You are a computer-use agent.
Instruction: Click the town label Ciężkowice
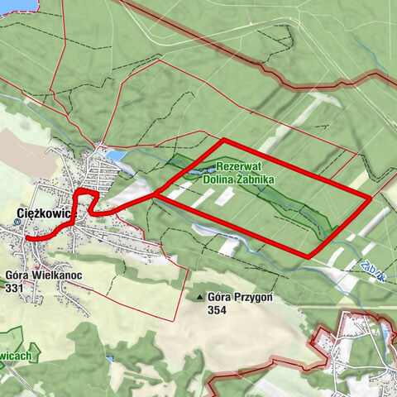coord(45,213)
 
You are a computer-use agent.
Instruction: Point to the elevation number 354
coord(218,310)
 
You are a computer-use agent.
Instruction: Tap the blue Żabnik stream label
coord(375,269)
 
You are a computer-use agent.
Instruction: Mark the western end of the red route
coord(27,237)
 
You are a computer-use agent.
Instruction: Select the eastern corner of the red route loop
coord(369,197)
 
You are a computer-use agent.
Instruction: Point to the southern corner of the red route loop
coord(309,256)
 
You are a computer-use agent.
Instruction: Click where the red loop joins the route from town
coord(155,195)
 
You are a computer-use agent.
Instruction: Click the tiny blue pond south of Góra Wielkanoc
coord(109,359)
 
